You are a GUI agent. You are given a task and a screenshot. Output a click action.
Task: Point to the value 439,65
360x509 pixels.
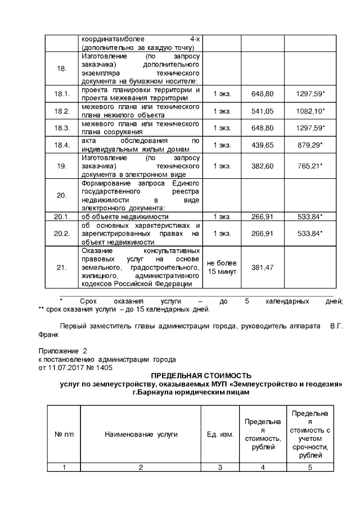263,145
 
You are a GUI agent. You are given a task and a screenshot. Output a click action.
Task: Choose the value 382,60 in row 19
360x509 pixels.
263,166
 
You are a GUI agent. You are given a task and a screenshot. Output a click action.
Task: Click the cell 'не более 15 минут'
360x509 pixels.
222,267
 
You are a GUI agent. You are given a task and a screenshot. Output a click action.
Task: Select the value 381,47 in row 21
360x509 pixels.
263,267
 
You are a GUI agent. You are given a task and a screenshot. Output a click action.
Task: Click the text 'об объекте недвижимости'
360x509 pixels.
125,216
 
